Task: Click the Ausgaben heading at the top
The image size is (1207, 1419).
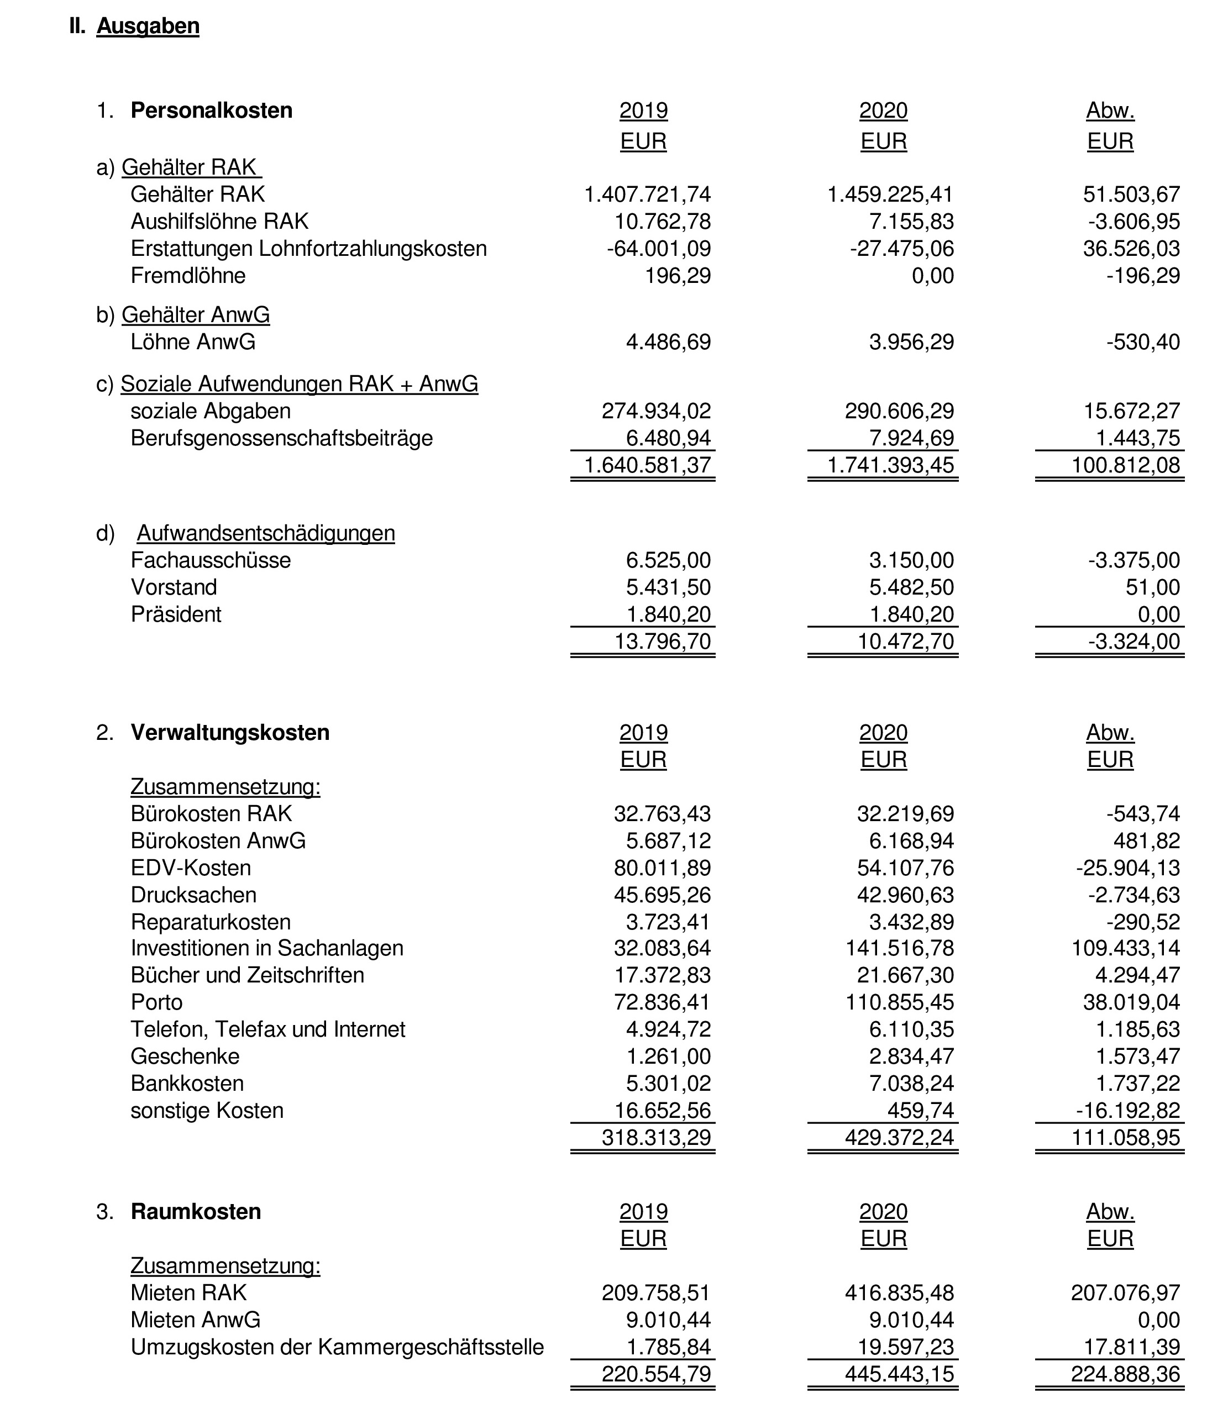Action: [x=148, y=26]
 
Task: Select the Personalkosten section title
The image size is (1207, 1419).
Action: [x=212, y=110]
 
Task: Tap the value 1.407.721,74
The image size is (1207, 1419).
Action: [x=647, y=195]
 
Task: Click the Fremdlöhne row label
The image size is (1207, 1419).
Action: [x=188, y=275]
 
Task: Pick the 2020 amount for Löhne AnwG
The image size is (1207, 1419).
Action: [x=911, y=341]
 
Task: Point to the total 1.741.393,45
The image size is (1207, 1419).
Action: [x=890, y=465]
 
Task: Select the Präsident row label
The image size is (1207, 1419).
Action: [x=176, y=614]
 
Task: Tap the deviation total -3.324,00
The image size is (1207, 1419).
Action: [x=1134, y=641]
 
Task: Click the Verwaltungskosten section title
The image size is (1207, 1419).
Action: [x=230, y=732]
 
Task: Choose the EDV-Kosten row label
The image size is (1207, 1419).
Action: [x=191, y=868]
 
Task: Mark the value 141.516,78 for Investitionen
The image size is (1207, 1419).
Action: [x=900, y=948]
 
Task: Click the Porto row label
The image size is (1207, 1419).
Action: [x=157, y=1002]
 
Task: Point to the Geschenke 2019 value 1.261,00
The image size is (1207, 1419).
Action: [x=669, y=1056]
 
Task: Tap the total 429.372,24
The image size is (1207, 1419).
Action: [x=899, y=1137]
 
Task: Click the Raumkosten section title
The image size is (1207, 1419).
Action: [x=196, y=1211]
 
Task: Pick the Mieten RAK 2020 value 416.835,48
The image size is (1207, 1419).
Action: [x=899, y=1292]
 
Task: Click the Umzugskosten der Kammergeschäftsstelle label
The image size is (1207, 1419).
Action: [x=337, y=1347]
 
